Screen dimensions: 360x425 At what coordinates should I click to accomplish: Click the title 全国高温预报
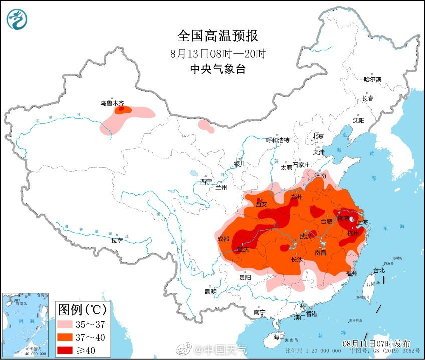[218, 36]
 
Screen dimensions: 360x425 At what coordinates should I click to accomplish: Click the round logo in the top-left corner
[17, 19]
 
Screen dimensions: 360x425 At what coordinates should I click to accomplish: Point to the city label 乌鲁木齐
[112, 103]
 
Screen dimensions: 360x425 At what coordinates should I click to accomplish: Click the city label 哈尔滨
[372, 79]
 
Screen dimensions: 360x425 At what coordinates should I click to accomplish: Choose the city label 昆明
[210, 291]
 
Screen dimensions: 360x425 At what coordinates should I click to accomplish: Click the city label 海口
[278, 336]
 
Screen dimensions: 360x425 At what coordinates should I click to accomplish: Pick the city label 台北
[379, 270]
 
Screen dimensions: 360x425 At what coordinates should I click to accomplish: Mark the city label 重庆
[243, 250]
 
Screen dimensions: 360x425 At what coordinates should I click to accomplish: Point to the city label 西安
[261, 204]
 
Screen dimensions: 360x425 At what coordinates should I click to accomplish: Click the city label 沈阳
[358, 121]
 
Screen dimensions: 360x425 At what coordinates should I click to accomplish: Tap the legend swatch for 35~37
[69, 323]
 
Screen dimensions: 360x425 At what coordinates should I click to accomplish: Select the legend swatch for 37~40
[69, 336]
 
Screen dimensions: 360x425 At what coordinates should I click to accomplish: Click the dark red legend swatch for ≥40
[69, 349]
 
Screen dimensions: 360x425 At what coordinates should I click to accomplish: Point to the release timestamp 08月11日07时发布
[376, 344]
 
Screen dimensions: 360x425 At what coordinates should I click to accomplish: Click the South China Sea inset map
[25, 325]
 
